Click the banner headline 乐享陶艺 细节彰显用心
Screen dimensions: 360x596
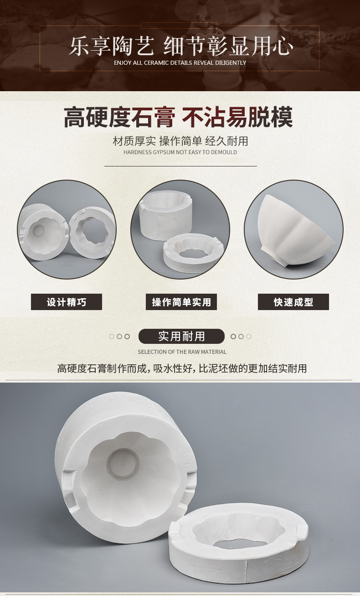click(x=181, y=47)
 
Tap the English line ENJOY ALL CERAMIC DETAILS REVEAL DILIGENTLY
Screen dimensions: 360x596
click(x=180, y=63)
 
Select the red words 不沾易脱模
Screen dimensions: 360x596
click(x=237, y=117)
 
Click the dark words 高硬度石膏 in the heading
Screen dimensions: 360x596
click(x=120, y=117)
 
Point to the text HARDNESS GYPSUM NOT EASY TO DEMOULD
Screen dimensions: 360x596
click(x=180, y=152)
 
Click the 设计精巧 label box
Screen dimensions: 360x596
click(x=67, y=302)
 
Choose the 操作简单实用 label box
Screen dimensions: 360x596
click(x=181, y=302)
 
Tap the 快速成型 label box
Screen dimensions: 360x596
click(x=293, y=302)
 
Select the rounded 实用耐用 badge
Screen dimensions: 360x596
click(x=181, y=337)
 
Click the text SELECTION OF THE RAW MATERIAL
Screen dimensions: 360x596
click(x=182, y=352)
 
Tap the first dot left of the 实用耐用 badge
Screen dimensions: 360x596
click(x=112, y=337)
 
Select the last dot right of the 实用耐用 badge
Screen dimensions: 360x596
click(x=249, y=337)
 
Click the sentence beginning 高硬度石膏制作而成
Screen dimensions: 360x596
click(x=182, y=368)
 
